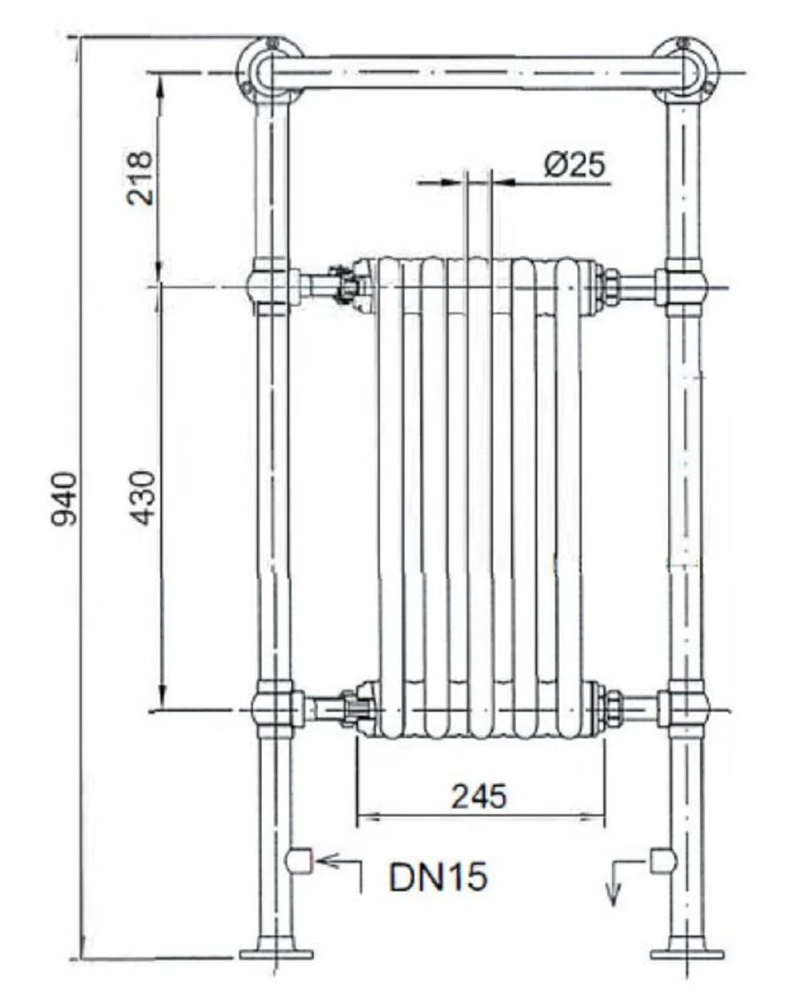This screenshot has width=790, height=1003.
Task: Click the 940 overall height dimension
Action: coord(65,499)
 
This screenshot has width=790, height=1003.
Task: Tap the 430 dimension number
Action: coord(143,497)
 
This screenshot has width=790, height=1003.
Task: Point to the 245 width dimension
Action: coord(479,797)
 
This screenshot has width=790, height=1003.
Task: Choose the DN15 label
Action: coord(438,878)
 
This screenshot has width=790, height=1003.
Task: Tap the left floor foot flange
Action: coord(276,953)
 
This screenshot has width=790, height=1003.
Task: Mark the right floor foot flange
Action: coord(687,953)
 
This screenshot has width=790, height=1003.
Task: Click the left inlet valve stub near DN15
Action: coord(298,860)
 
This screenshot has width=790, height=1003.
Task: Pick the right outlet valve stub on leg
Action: coord(662,860)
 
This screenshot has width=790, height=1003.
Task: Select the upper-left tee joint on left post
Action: coord(271,286)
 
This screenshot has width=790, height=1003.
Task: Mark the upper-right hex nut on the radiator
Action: coord(610,284)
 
